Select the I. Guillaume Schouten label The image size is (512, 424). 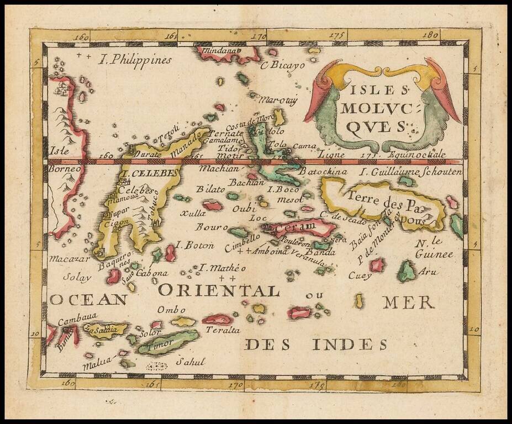point(410,172)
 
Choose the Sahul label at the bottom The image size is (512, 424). point(190,362)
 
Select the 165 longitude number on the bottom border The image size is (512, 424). point(153,384)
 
